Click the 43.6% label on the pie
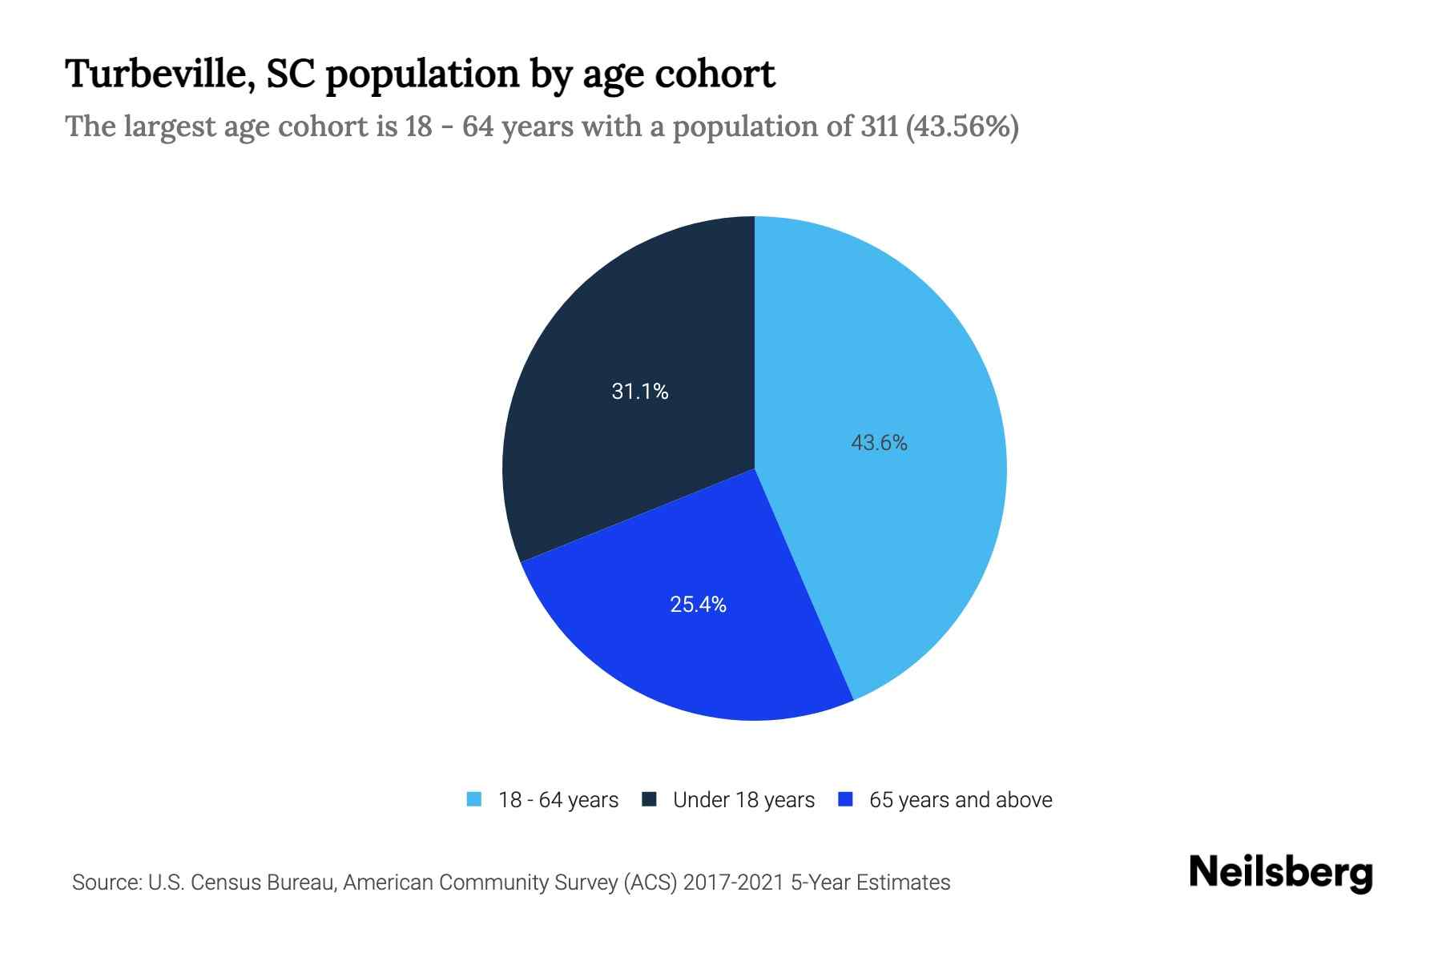[879, 443]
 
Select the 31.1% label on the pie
[639, 391]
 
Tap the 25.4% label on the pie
[698, 605]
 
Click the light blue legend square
[474, 799]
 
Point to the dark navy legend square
[649, 799]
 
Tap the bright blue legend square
[845, 799]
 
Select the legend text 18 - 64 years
[558, 800]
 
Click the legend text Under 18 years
[743, 800]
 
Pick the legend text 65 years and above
[961, 800]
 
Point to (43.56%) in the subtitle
[961, 127]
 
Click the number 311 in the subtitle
[879, 127]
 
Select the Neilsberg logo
[1280, 872]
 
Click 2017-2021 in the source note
[733, 883]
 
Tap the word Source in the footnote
[105, 883]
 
